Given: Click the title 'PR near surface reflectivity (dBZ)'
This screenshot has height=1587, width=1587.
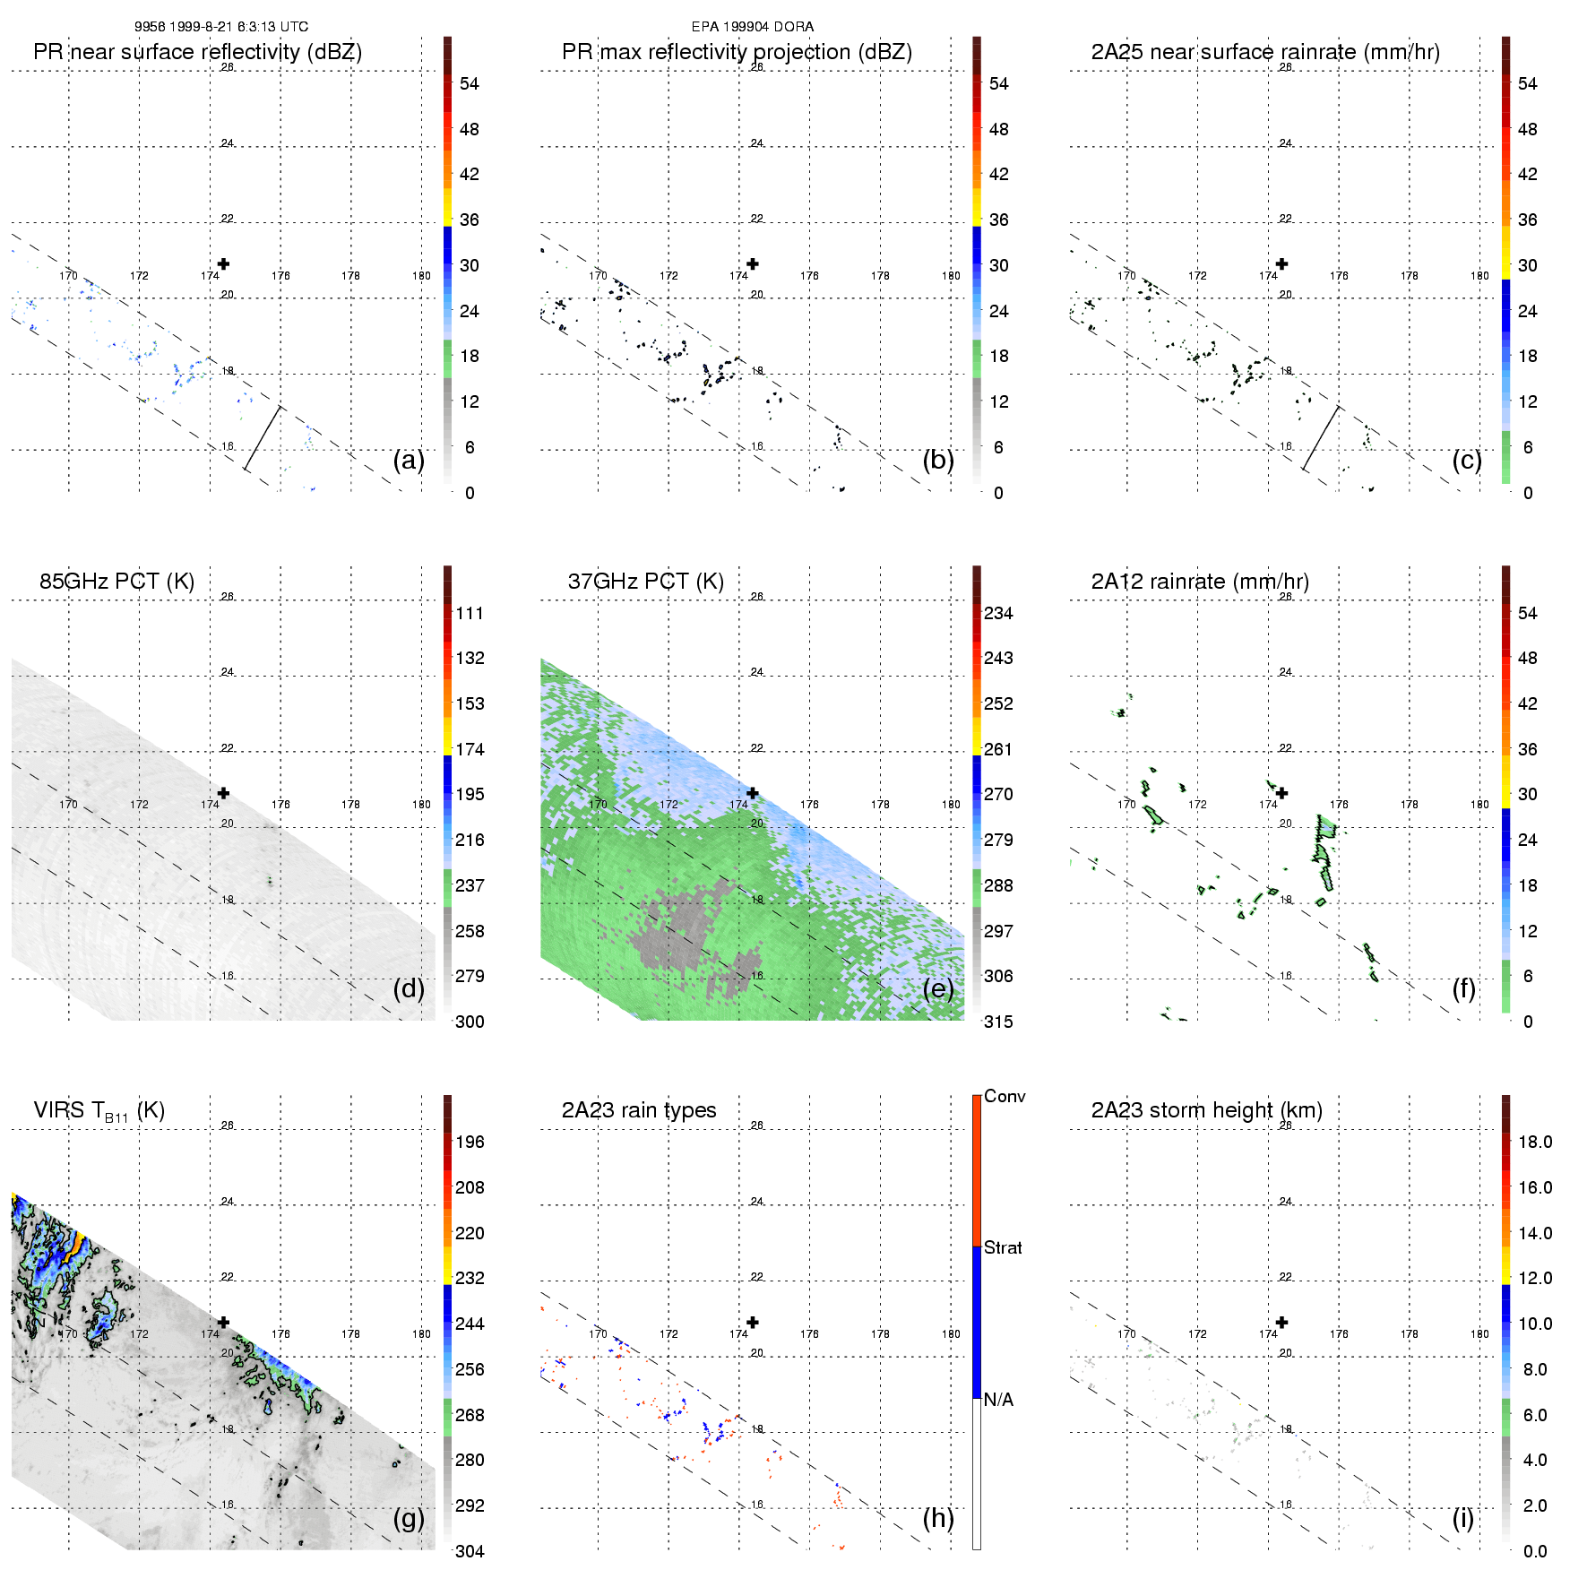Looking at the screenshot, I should click(x=197, y=52).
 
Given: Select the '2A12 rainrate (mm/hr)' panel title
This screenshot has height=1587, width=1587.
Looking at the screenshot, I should click(x=1200, y=582).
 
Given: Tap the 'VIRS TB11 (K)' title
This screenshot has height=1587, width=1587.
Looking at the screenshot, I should click(x=99, y=1111).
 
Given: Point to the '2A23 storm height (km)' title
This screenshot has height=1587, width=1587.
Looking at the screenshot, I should click(x=1206, y=1111).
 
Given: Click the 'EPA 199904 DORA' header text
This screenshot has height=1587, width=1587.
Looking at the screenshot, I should click(x=752, y=27).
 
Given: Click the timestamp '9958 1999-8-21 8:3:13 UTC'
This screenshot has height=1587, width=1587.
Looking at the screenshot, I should click(x=220, y=27).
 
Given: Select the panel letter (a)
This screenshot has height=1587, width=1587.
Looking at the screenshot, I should click(x=409, y=460).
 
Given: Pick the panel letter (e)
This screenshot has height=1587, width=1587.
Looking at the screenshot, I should click(x=938, y=988).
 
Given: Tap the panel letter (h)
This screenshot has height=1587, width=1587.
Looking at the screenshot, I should click(x=938, y=1518).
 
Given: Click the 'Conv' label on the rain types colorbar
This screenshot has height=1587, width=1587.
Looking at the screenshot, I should click(x=1005, y=1097).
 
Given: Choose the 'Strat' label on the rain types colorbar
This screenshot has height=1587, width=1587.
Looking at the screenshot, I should click(x=1003, y=1248).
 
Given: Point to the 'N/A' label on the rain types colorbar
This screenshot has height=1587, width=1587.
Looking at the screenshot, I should click(x=998, y=1400).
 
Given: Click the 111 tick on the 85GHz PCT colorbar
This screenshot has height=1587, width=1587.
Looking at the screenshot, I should click(x=470, y=614).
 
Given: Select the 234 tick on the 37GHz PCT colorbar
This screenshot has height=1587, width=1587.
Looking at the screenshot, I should click(x=998, y=614).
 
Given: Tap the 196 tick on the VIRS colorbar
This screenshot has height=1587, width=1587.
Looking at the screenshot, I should click(x=470, y=1143).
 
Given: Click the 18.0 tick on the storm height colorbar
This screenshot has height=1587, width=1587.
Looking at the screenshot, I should click(x=1534, y=1143).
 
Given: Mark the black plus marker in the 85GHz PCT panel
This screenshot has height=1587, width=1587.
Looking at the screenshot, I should click(x=223, y=793).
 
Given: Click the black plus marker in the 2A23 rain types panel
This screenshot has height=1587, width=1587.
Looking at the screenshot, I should click(x=753, y=1323).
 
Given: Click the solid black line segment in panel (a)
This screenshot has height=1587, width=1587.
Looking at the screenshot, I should click(x=263, y=438).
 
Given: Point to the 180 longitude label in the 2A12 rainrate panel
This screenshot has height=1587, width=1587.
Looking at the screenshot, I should click(x=1479, y=805).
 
